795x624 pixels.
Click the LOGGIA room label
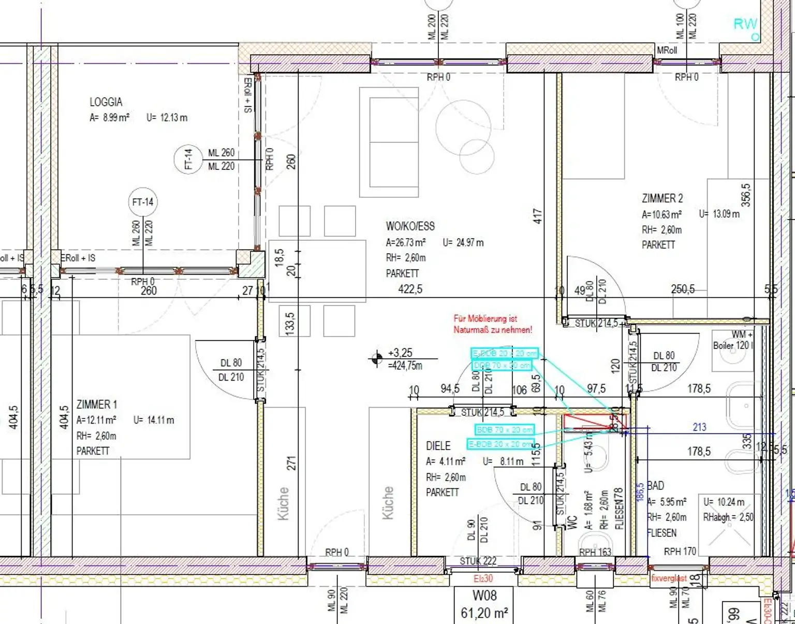[x=106, y=102]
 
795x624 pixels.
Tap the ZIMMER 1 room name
[x=97, y=404]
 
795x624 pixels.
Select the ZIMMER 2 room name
[x=662, y=198]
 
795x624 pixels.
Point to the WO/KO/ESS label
[x=410, y=226]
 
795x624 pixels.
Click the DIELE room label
[x=438, y=446]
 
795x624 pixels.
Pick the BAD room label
[x=656, y=486]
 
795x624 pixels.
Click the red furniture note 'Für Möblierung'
[x=492, y=324]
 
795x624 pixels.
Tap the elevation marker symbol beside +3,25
[x=377, y=358]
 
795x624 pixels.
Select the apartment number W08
[x=484, y=596]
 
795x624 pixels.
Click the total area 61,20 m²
[x=484, y=613]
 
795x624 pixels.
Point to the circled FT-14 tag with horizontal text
[x=143, y=202]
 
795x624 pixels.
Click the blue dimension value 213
[x=699, y=427]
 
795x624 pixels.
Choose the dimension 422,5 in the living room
[x=410, y=289]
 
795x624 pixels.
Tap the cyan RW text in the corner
[x=745, y=24]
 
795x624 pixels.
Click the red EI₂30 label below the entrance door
[x=483, y=578]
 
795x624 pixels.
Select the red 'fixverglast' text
[x=669, y=578]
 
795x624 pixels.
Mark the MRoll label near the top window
[x=667, y=50]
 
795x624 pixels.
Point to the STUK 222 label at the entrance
[x=478, y=561]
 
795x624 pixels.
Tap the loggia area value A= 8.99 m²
[x=109, y=118]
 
